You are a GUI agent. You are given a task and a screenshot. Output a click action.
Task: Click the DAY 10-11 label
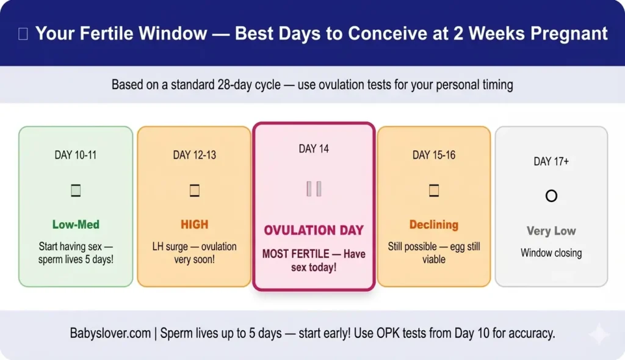tap(76, 155)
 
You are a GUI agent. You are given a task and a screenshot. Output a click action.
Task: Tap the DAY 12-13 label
tap(194, 155)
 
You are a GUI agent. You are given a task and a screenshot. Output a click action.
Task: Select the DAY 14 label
tap(314, 149)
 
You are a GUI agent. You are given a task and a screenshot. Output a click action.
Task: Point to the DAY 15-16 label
tap(434, 155)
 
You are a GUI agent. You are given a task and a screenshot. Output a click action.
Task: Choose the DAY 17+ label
tap(551, 162)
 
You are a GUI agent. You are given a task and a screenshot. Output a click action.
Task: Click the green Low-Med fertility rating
tap(76, 225)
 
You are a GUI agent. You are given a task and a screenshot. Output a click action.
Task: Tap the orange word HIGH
tap(194, 225)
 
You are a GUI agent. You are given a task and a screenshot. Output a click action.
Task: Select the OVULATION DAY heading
tap(314, 231)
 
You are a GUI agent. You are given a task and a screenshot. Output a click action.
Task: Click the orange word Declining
tap(434, 225)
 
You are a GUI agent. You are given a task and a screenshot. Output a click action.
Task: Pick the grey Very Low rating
tap(551, 231)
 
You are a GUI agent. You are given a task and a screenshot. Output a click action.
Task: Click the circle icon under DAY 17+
tap(551, 196)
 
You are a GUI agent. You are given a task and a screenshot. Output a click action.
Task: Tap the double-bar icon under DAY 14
tap(314, 189)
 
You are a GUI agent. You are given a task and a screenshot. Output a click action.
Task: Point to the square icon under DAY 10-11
tap(76, 191)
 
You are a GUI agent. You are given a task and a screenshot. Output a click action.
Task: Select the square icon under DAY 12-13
tap(194, 191)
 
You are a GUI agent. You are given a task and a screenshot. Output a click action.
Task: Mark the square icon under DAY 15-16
tap(434, 191)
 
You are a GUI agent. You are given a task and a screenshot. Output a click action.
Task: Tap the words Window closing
tap(551, 253)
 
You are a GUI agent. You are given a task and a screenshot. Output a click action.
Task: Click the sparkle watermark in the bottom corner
tap(598, 334)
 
